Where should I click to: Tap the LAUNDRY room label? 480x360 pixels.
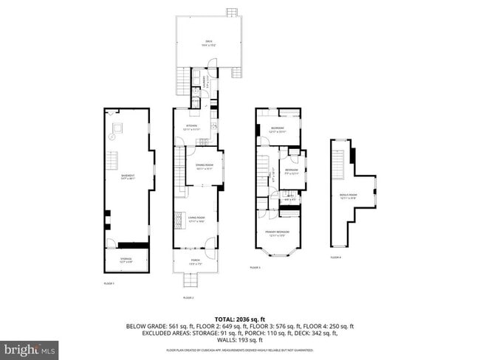208,84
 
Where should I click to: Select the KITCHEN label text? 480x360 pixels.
191,127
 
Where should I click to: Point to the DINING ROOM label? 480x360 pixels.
204,165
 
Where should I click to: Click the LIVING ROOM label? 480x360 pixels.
196,218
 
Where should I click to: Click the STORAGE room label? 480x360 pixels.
126,259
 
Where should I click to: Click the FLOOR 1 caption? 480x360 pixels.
109,284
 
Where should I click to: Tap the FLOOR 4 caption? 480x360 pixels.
335,257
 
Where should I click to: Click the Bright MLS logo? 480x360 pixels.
30,347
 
